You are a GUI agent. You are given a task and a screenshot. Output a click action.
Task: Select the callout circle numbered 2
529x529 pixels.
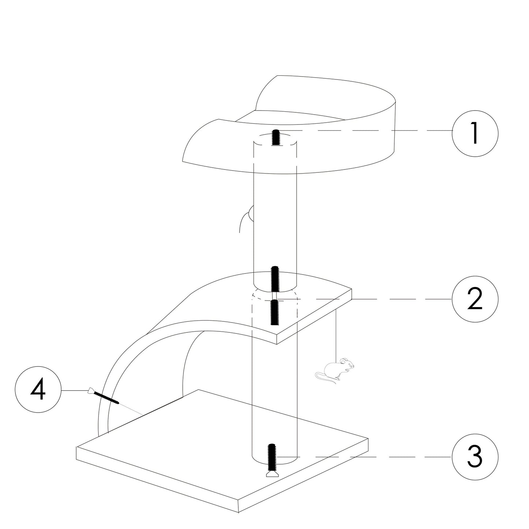coord(475,299)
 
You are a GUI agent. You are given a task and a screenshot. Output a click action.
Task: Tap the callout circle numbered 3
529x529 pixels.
coord(475,457)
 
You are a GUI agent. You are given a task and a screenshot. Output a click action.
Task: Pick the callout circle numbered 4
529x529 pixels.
coord(38,391)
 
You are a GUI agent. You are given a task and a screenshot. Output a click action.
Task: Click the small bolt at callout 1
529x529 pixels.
coord(275,138)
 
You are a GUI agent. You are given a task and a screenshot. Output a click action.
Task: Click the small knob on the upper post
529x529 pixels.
coord(250,214)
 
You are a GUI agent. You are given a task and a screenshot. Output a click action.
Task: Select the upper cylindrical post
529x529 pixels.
coord(275,212)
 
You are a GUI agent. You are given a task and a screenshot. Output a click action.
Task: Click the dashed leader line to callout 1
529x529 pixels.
coord(366,131)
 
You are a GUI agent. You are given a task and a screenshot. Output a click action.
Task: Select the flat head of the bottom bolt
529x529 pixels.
coord(272,474)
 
